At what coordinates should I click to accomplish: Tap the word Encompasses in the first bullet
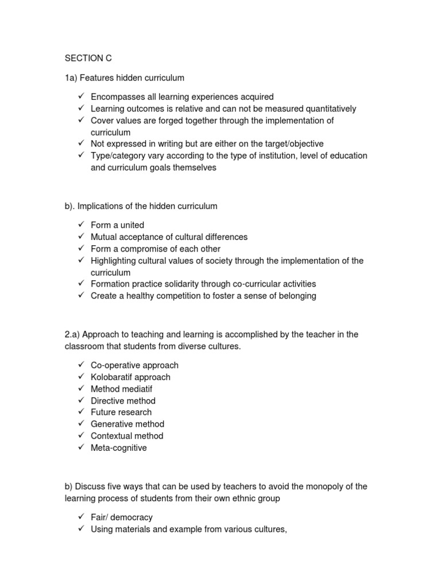coord(117,97)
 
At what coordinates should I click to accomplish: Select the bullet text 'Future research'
coord(121,412)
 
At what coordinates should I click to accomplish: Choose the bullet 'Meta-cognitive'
coord(118,447)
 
